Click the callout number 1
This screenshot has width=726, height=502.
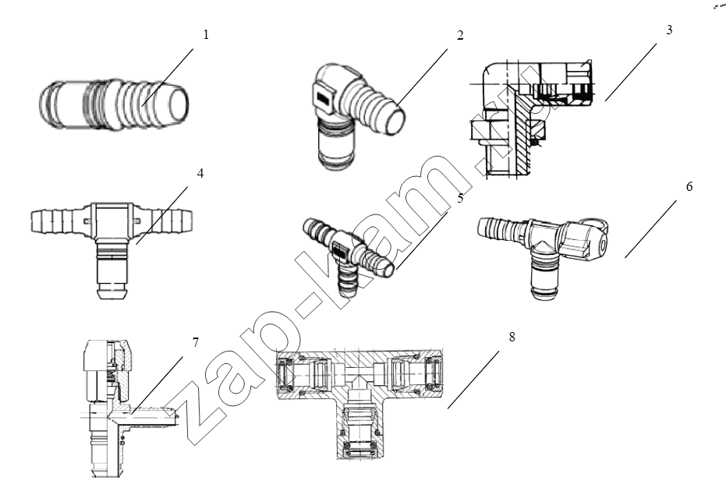[x=206, y=35]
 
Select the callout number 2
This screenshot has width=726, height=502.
[x=460, y=35]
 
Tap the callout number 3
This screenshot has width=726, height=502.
[x=669, y=30]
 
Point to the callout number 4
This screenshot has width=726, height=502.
[x=200, y=174]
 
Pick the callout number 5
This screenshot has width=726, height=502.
[x=460, y=199]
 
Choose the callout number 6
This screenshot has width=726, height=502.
[x=689, y=186]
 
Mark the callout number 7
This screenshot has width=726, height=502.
[x=195, y=343]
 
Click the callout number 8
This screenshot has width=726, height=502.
[x=512, y=337]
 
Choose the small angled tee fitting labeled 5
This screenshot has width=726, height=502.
[x=347, y=254]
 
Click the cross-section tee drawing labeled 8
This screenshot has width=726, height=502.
[x=359, y=400]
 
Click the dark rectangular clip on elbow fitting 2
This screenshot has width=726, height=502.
[x=323, y=97]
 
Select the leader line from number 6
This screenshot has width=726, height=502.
[x=650, y=228]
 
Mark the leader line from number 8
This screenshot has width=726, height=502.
[x=473, y=380]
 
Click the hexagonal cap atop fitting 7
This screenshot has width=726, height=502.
[x=96, y=355]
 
